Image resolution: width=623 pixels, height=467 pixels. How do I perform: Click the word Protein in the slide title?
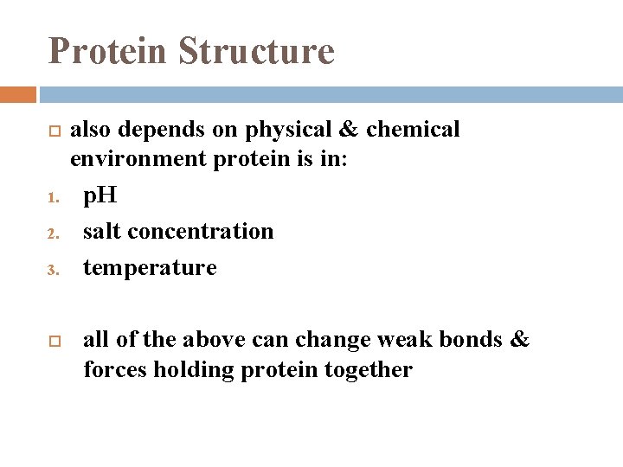(108, 50)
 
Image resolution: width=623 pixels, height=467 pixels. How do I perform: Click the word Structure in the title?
(256, 50)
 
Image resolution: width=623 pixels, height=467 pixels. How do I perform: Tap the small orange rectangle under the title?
(18, 94)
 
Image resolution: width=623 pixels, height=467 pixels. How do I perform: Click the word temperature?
(150, 268)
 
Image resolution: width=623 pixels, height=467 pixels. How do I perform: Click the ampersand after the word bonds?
(519, 339)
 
